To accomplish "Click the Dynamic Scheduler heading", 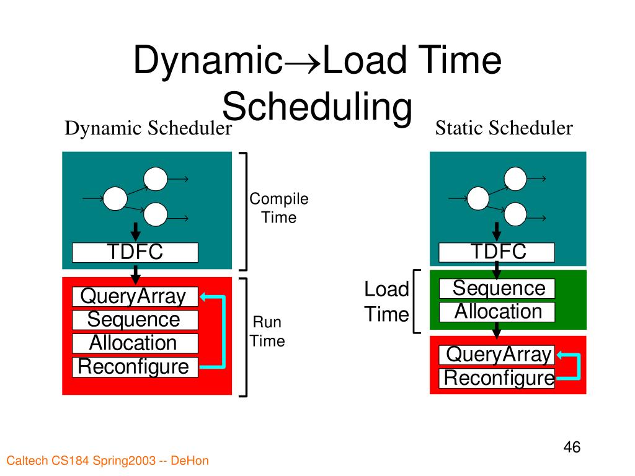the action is pyautogui.click(x=149, y=129).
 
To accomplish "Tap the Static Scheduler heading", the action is pyautogui.click(x=504, y=128).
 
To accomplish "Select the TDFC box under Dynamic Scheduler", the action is pyautogui.click(x=135, y=252).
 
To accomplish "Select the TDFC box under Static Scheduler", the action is pyautogui.click(x=497, y=252).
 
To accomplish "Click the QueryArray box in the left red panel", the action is pyautogui.click(x=135, y=297).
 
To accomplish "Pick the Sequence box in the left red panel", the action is pyautogui.click(x=135, y=320).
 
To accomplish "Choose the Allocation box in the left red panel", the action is pyautogui.click(x=135, y=343).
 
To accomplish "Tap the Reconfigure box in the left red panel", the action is pyautogui.click(x=135, y=367).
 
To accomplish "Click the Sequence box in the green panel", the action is pyautogui.click(x=497, y=289).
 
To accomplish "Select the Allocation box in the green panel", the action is pyautogui.click(x=497, y=312).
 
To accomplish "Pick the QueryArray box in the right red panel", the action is pyautogui.click(x=497, y=355).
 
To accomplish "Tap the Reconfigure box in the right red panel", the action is pyautogui.click(x=497, y=378).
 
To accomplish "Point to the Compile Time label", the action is pyautogui.click(x=278, y=208).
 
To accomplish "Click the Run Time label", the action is pyautogui.click(x=268, y=332).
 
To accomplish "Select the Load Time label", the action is pyautogui.click(x=386, y=302).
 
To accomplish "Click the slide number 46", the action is pyautogui.click(x=572, y=447).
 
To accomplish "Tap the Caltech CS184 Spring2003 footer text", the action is pyautogui.click(x=107, y=461).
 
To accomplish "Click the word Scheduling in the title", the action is pyautogui.click(x=317, y=107).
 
